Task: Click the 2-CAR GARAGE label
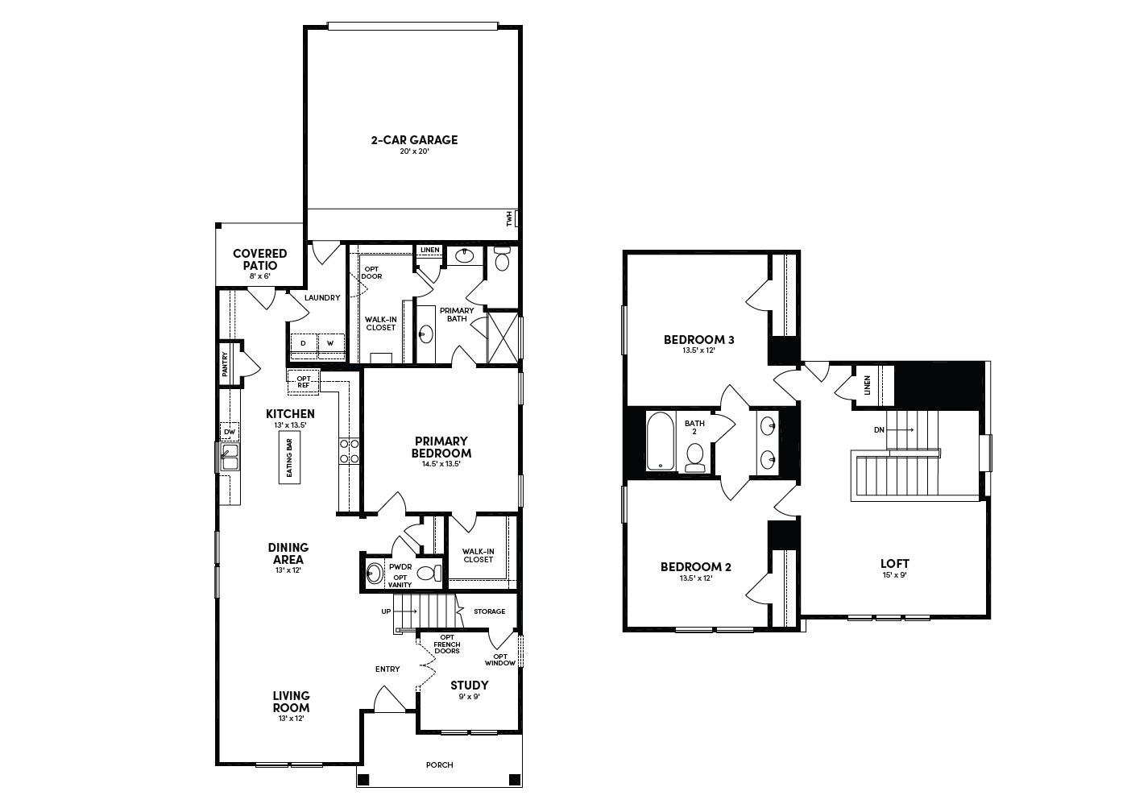[413, 140]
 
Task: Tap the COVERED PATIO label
[259, 259]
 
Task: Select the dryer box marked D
[304, 343]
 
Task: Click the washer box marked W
[330, 343]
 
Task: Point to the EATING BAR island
[289, 458]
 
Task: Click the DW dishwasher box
[230, 433]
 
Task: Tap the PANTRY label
[226, 364]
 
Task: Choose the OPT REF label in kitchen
[304, 381]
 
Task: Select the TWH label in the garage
[509, 218]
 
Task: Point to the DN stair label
[879, 430]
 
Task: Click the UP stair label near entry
[386, 612]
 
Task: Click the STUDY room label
[469, 686]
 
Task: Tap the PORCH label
[440, 765]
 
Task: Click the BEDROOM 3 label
[698, 340]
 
